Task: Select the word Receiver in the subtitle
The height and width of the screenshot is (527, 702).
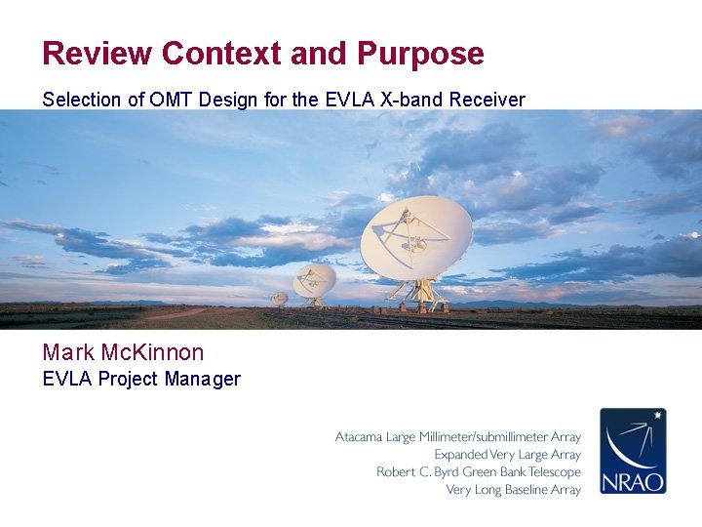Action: pyautogui.click(x=490, y=100)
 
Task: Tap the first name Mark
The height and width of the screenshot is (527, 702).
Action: pyautogui.click(x=69, y=352)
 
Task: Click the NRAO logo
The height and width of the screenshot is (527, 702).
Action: pyautogui.click(x=633, y=451)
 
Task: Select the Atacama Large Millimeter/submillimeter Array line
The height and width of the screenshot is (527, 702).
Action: pyautogui.click(x=458, y=437)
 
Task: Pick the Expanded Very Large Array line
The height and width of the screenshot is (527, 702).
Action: pyautogui.click(x=507, y=455)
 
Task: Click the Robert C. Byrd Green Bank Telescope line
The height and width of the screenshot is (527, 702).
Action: pyautogui.click(x=479, y=472)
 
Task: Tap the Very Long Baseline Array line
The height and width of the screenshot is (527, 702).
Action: pyautogui.click(x=513, y=490)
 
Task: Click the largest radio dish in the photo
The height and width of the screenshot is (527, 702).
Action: pyautogui.click(x=416, y=236)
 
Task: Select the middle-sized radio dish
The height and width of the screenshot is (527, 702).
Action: pyautogui.click(x=315, y=281)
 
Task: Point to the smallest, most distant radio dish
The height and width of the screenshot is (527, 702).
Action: pyautogui.click(x=280, y=299)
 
